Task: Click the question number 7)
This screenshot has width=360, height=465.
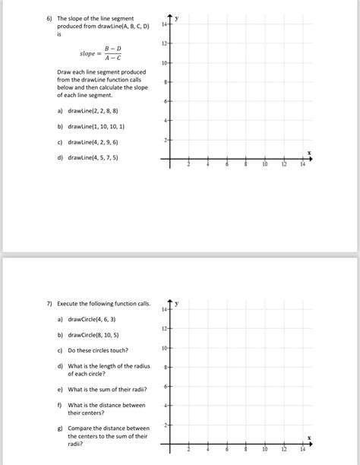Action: [x=49, y=304]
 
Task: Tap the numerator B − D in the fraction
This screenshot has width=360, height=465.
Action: [x=112, y=49]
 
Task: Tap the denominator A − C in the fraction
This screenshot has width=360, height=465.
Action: [x=112, y=59]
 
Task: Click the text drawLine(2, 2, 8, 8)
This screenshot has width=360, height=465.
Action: [x=93, y=111]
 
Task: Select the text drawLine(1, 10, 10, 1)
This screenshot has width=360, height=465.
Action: [x=96, y=126]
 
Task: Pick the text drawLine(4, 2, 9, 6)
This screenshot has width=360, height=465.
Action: [x=93, y=142]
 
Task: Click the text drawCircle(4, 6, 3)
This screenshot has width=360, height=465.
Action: [x=91, y=319]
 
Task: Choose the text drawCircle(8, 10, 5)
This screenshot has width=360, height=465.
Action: [x=93, y=334]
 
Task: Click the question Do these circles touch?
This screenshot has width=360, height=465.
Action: [x=98, y=350]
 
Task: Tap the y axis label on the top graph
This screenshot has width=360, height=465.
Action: [x=177, y=17]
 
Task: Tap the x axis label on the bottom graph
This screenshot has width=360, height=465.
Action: [x=309, y=438]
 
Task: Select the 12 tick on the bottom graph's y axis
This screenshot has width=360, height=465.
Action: [x=163, y=328]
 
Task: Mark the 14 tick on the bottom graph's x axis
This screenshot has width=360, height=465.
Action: [x=302, y=450]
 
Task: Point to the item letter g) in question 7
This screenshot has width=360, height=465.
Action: [x=60, y=428]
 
